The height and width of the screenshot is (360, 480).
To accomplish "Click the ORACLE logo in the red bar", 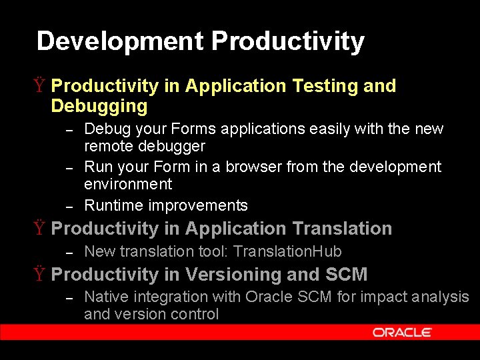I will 401,332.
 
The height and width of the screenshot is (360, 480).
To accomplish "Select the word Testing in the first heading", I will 323,86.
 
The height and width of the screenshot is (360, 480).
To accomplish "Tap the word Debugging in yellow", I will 99,107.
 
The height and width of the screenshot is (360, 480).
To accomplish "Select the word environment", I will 128,184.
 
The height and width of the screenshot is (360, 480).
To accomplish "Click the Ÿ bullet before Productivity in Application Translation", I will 40,229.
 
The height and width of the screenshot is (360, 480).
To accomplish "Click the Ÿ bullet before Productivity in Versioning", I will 40,275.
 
